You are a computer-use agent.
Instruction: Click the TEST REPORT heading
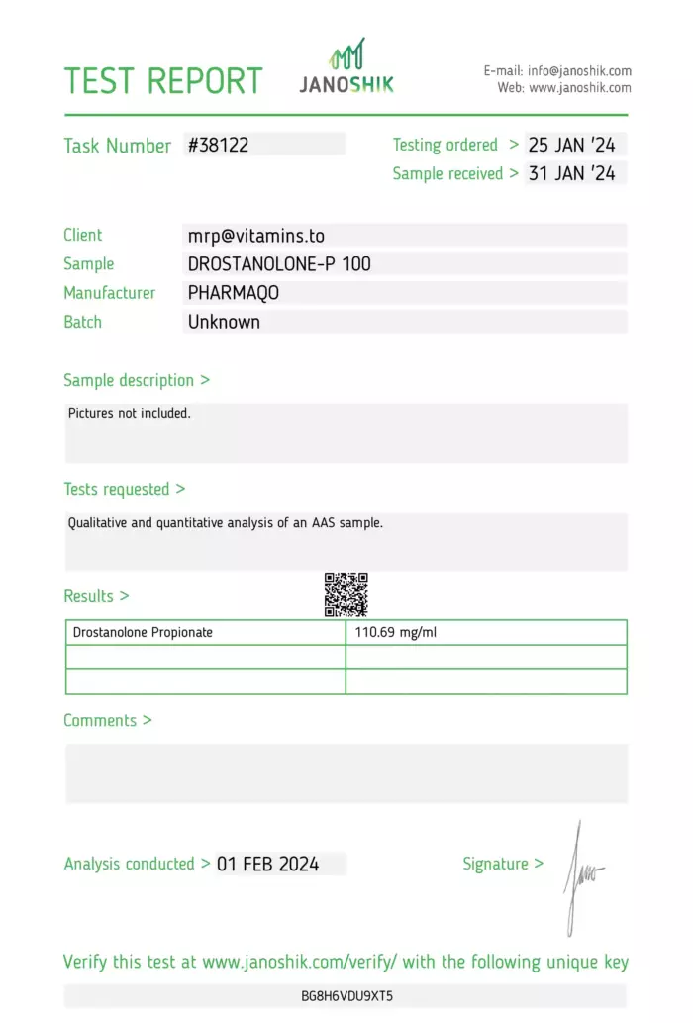click(x=163, y=80)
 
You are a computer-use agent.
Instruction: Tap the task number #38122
click(x=219, y=145)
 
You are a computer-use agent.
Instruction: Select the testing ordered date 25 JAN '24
click(x=571, y=145)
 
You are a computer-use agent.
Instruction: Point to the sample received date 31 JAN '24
click(x=571, y=173)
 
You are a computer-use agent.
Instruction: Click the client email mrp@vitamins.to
click(x=256, y=236)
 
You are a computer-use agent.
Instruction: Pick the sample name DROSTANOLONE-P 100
click(x=280, y=264)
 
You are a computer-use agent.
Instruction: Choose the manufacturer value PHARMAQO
click(x=234, y=293)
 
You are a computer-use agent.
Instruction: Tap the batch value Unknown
click(x=225, y=322)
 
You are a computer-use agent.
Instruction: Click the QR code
click(x=346, y=594)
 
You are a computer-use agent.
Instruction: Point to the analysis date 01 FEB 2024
click(x=268, y=864)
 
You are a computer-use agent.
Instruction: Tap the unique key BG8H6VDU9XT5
click(x=346, y=995)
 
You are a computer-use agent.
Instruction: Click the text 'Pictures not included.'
click(x=130, y=413)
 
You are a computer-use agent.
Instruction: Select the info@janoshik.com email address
click(x=579, y=71)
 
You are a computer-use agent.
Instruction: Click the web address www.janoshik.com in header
click(x=580, y=88)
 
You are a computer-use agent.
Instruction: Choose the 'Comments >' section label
click(x=108, y=720)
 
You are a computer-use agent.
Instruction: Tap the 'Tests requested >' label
click(x=125, y=489)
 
